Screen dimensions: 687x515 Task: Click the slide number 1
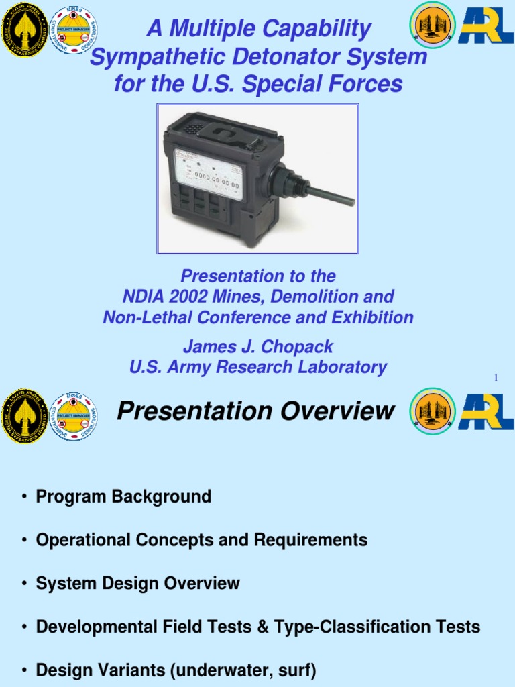pos(496,379)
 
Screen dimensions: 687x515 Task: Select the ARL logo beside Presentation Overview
pos(486,412)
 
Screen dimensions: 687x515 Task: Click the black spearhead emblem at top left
pos(23,28)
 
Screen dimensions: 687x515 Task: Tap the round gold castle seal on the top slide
pos(432,25)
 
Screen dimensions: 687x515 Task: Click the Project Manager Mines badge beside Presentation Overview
pos(74,416)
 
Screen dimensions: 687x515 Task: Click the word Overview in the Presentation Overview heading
pos(337,411)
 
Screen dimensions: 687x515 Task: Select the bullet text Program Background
pos(123,497)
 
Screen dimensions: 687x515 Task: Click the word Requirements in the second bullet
pos(319,540)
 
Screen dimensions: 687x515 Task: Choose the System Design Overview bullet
pos(137,584)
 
